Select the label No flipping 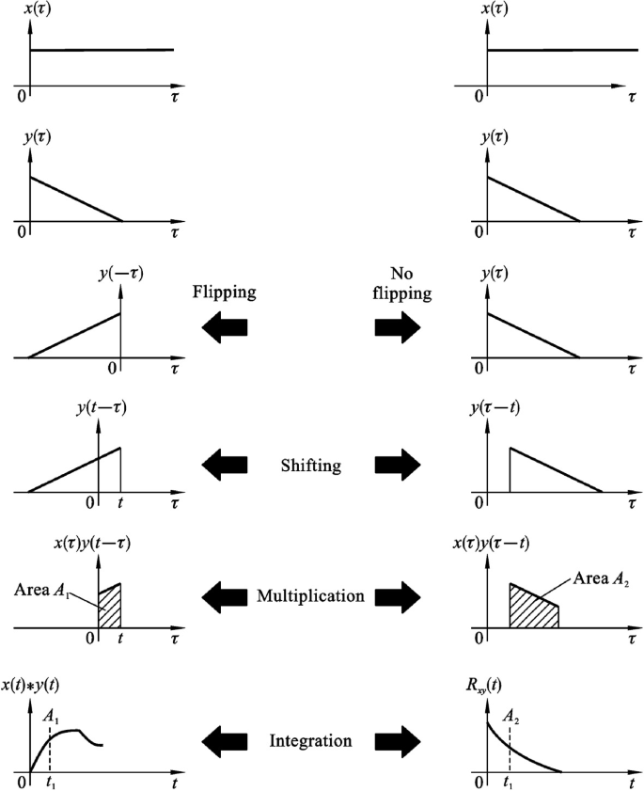[411, 283]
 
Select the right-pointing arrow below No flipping [399, 326]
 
